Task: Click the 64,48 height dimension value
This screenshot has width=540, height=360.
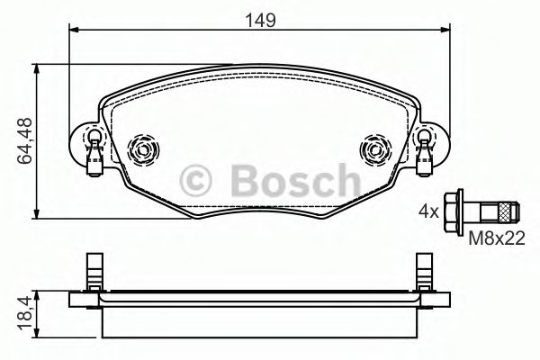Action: point(19,139)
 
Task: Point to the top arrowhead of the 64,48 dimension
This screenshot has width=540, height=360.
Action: point(35,67)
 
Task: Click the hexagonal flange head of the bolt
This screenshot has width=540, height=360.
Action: point(454,213)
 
